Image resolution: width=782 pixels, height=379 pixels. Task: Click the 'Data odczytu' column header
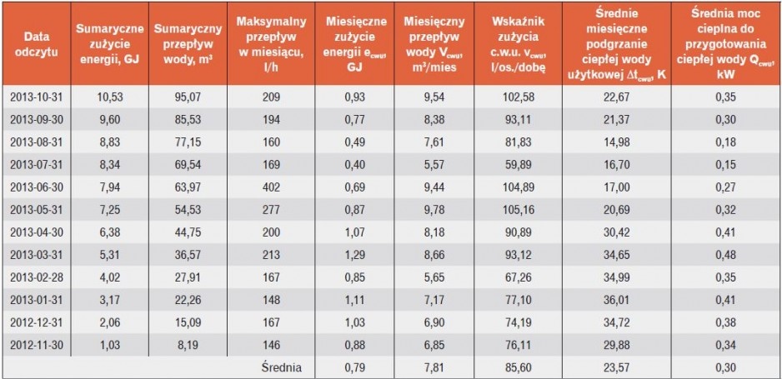point(35,44)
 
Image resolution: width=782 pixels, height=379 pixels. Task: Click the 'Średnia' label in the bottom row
point(282,368)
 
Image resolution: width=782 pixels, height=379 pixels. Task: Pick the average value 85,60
point(519,368)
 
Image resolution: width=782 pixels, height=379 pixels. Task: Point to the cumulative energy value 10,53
point(109,97)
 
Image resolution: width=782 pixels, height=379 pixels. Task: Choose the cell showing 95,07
point(188,97)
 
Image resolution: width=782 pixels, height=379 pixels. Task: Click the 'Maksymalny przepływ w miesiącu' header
point(271,44)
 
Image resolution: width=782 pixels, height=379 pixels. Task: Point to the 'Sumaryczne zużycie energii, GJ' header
point(110,44)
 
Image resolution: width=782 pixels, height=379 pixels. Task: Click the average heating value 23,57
point(616,368)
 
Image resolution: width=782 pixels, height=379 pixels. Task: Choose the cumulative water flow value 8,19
point(188,345)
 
